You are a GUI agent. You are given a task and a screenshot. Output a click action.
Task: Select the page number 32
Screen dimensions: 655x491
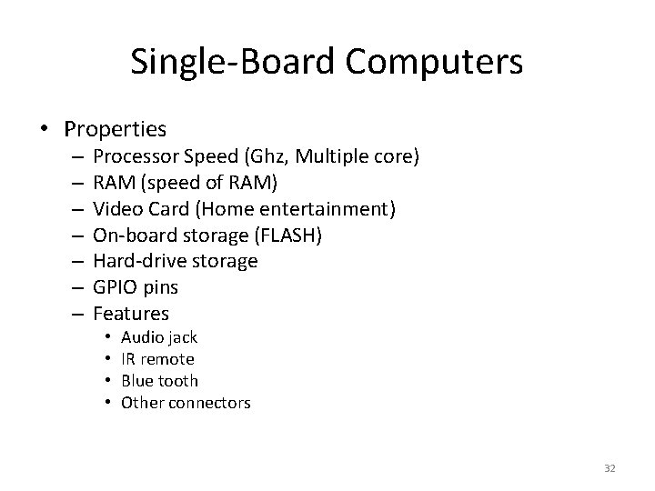click(x=610, y=468)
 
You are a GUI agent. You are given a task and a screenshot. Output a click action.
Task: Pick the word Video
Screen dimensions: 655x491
click(x=115, y=209)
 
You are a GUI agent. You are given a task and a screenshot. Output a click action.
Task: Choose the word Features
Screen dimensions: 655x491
click(x=131, y=314)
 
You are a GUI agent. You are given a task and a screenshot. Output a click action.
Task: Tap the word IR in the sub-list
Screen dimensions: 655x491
click(x=128, y=359)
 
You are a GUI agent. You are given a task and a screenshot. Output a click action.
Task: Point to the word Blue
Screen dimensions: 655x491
click(x=137, y=380)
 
